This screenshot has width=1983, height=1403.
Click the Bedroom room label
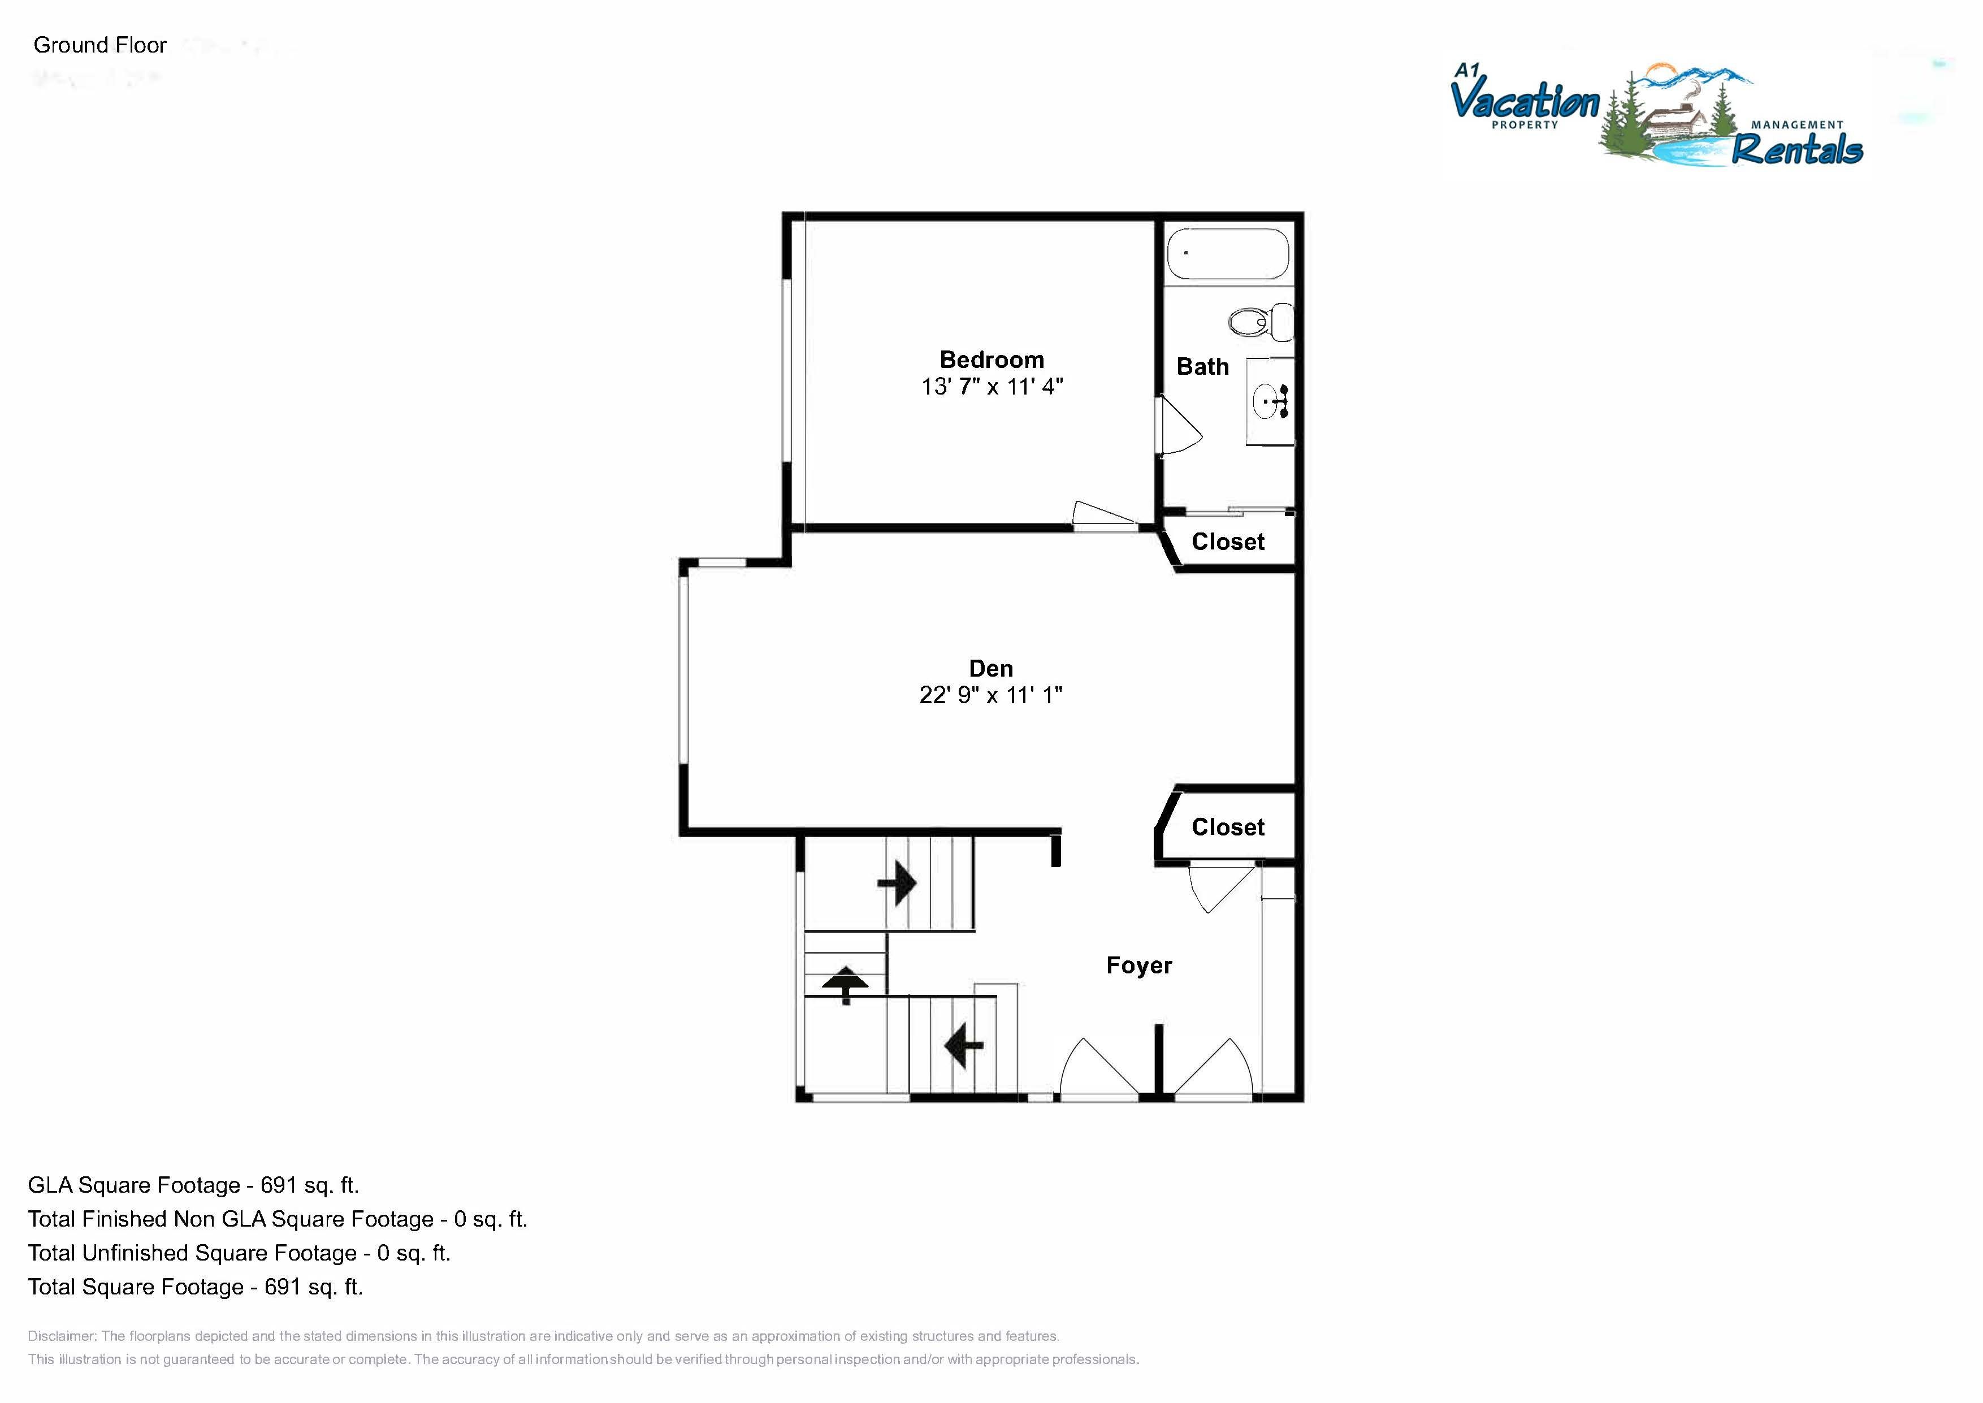coord(991,360)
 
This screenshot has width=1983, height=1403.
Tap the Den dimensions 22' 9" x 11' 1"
coord(990,695)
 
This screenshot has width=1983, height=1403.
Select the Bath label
coord(1202,367)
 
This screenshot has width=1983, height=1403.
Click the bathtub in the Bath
coord(1227,254)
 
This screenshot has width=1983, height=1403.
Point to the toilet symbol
coord(1259,323)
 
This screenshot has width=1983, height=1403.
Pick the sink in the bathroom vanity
coord(1268,402)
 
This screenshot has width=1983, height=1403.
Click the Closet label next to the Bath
coord(1227,542)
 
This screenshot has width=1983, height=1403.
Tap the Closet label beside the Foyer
coord(1227,828)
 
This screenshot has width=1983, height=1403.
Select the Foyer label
coord(1138,966)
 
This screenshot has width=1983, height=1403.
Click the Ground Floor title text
coord(99,45)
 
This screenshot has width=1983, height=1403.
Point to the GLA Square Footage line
coord(193,1185)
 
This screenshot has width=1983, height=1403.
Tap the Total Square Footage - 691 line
coord(194,1287)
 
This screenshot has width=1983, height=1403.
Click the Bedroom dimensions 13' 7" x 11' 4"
coord(991,387)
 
